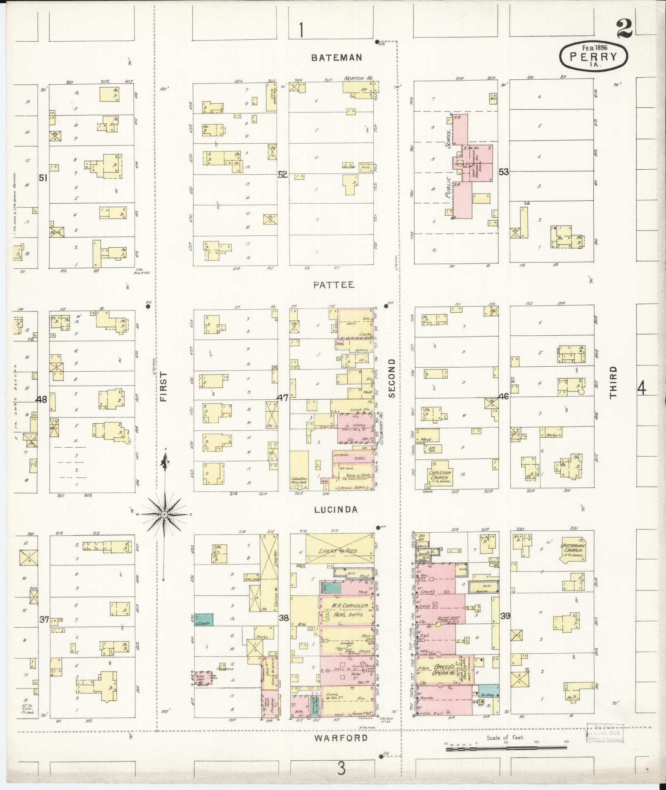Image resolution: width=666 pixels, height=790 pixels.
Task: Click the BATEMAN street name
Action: [x=336, y=58]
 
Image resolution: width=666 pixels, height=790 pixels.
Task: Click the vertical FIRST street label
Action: [x=164, y=387]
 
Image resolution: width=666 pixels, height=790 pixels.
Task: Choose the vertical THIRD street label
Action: [x=613, y=382]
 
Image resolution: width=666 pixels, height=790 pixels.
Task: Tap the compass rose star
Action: [x=164, y=514]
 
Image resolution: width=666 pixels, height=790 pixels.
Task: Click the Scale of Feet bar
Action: [x=506, y=748]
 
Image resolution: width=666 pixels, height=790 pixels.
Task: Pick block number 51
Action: [x=43, y=178]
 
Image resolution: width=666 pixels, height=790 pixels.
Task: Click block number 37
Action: [x=44, y=619]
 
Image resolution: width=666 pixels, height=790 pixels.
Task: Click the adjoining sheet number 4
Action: [x=641, y=388]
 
